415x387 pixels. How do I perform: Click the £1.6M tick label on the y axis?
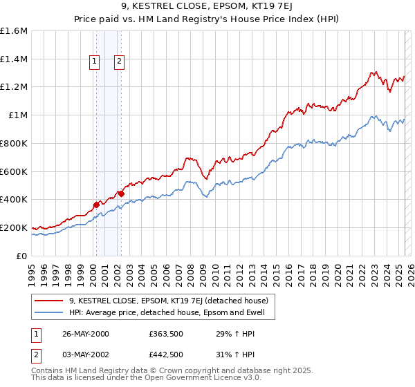click(x=14, y=31)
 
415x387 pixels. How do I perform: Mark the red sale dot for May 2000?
click(x=96, y=204)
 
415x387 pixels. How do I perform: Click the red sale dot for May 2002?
click(x=121, y=193)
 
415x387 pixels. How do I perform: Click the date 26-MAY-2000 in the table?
click(x=85, y=334)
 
